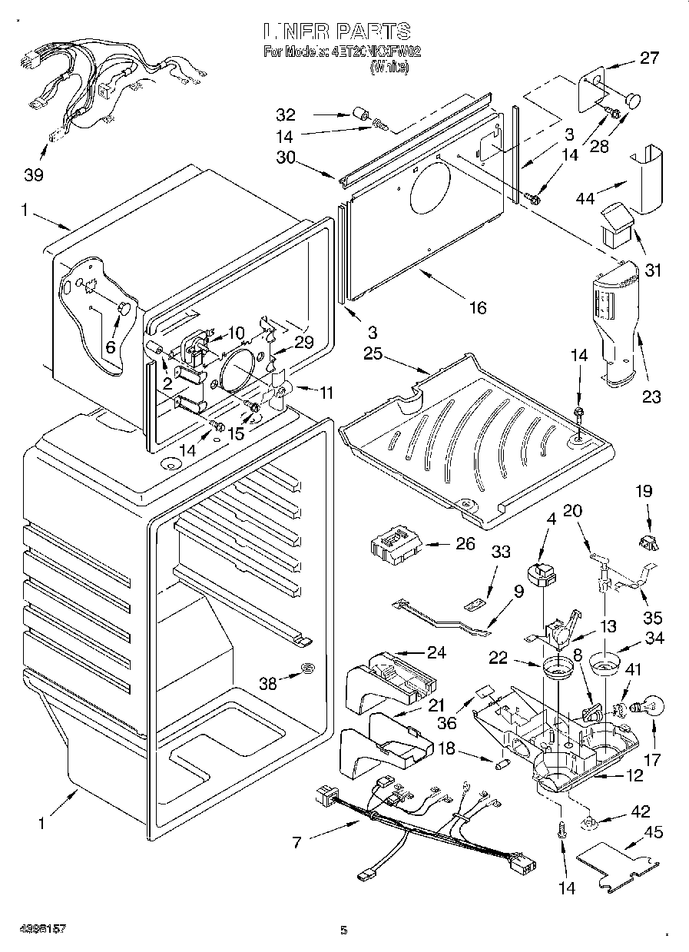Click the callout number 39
point(33,174)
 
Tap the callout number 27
point(649,58)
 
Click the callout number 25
point(373,355)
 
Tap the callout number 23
point(651,397)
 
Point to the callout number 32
point(286,115)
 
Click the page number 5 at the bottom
point(344,930)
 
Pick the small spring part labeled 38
point(307,668)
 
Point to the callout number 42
point(639,812)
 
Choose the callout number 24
point(436,654)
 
